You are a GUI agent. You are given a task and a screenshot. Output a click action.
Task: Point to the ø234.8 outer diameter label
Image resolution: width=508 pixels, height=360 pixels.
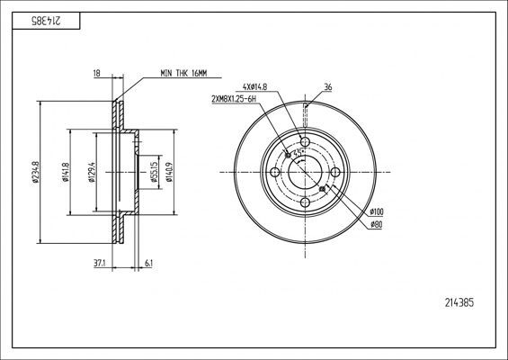[34, 172]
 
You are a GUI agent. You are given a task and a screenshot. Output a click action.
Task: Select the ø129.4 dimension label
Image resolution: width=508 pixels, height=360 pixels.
[92, 172]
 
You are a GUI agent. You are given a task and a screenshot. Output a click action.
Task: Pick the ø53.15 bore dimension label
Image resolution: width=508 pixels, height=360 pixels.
[155, 172]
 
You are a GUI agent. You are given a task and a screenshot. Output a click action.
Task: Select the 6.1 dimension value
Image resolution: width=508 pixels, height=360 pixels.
[147, 264]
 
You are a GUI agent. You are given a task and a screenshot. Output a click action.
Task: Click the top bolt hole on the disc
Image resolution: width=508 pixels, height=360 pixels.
[305, 142]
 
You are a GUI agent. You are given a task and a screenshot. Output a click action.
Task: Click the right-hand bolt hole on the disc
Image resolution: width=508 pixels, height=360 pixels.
[335, 173]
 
